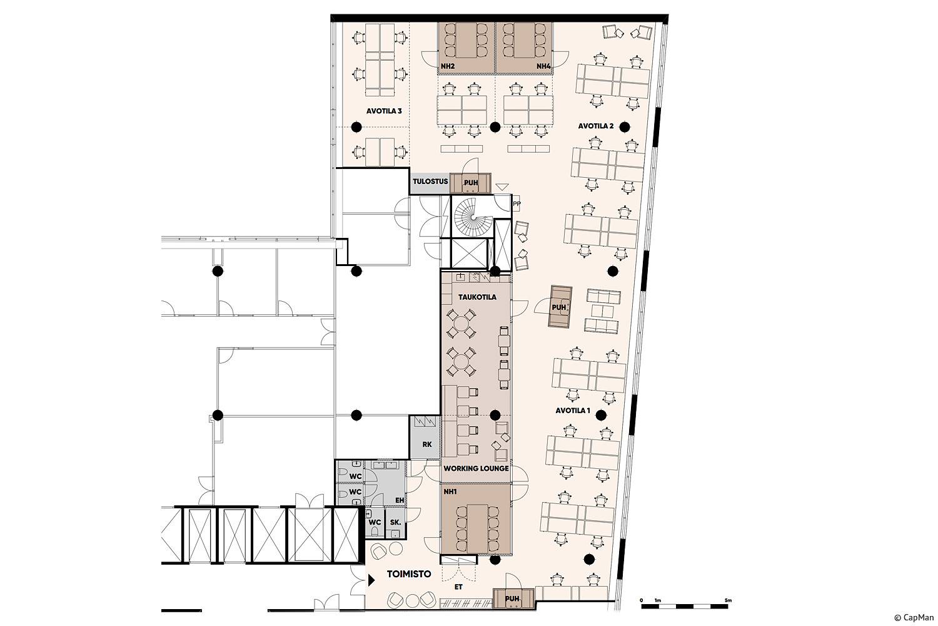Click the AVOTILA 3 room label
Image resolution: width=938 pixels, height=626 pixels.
tap(383, 111)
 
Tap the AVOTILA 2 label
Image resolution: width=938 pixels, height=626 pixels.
tap(596, 126)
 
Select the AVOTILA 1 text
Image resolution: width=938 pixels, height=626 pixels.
tap(572, 411)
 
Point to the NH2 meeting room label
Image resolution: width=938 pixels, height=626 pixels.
tap(448, 66)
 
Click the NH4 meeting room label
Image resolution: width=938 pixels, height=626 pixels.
tap(543, 66)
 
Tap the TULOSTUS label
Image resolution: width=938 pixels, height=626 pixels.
tap(430, 182)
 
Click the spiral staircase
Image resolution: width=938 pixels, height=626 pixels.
tap(472, 217)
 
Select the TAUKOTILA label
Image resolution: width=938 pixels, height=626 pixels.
tap(477, 297)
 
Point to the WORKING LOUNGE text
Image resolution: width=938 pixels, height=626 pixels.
tap(476, 468)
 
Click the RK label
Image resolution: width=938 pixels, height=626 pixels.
tap(426, 444)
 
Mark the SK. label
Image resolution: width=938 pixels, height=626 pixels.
tap(395, 523)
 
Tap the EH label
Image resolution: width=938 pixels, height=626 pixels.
tap(400, 500)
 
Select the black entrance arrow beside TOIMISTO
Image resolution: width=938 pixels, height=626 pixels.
tap(371, 580)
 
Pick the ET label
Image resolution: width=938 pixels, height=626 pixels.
tap(458, 587)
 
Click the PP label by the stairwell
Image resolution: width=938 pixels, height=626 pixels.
tap(517, 204)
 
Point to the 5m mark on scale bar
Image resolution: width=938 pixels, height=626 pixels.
tap(729, 601)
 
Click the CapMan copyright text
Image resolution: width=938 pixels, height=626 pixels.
tap(914, 618)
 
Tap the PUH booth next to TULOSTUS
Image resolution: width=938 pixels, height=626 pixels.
tap(471, 183)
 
